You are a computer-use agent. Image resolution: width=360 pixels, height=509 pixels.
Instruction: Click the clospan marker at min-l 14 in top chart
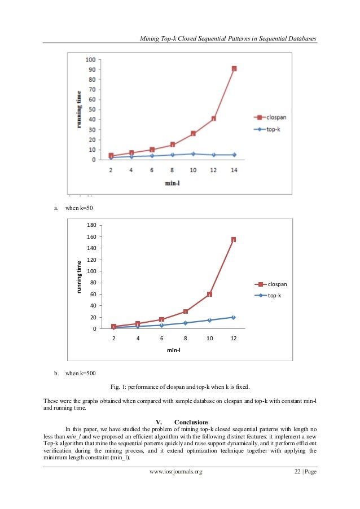(x=234, y=68)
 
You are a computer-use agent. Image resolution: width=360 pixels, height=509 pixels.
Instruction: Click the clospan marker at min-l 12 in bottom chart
(x=233, y=239)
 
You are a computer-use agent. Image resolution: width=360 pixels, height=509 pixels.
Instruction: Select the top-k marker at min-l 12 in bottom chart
(x=233, y=317)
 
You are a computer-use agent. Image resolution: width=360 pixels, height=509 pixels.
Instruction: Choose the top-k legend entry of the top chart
(x=271, y=129)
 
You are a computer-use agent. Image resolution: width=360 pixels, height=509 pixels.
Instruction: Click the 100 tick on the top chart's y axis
(x=90, y=60)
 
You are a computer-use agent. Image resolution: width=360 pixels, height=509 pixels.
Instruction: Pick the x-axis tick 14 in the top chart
(x=234, y=170)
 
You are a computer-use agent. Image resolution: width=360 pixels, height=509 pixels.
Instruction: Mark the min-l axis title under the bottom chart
(x=173, y=350)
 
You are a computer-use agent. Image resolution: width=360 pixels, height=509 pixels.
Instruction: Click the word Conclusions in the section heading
(x=191, y=422)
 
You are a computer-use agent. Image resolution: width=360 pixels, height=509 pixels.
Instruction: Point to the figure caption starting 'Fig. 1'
(x=179, y=387)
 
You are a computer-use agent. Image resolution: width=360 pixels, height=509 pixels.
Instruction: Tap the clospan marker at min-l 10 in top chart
(x=193, y=133)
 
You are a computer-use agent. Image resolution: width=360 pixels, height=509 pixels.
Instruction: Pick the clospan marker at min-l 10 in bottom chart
(x=209, y=294)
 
